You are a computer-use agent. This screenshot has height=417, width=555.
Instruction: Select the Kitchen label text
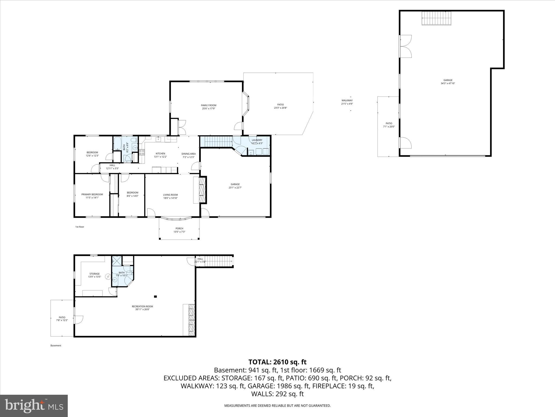pyautogui.click(x=160, y=154)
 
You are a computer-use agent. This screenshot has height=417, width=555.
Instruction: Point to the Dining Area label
pyautogui.click(x=189, y=154)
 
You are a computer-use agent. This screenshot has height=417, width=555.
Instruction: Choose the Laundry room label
pyautogui.click(x=257, y=140)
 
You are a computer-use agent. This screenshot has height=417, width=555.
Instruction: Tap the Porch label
pyautogui.click(x=179, y=229)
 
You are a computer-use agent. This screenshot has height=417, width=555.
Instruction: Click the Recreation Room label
pyautogui.click(x=142, y=307)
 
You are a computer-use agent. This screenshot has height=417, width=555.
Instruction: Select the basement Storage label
pyautogui.click(x=95, y=274)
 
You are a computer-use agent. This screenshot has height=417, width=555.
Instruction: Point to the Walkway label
pyautogui.click(x=347, y=100)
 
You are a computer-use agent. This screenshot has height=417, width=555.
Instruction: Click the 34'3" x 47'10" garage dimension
pyautogui.click(x=448, y=84)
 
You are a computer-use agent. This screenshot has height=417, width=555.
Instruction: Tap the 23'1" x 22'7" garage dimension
pyautogui.click(x=235, y=188)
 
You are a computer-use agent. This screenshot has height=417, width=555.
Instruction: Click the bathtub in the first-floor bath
pyautogui.click(x=118, y=144)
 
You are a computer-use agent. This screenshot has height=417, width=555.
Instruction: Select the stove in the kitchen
pyautogui.click(x=142, y=152)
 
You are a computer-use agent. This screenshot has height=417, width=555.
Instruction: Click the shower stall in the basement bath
pyautogui.click(x=117, y=261)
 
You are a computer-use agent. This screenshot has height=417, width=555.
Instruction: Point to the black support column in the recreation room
pyautogui.click(x=155, y=296)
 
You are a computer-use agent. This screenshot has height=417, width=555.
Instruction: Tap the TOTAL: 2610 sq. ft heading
pyautogui.click(x=277, y=362)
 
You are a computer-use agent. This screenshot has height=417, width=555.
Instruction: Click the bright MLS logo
pyautogui.click(x=34, y=406)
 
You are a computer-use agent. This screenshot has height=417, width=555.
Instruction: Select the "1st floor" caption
pyautogui.click(x=80, y=227)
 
